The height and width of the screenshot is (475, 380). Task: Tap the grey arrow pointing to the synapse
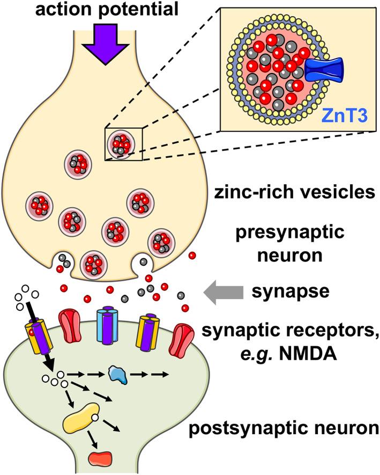coord(223,293)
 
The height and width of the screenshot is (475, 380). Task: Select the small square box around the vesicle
coord(123,144)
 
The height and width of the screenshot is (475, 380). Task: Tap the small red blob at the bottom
coord(100,457)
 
